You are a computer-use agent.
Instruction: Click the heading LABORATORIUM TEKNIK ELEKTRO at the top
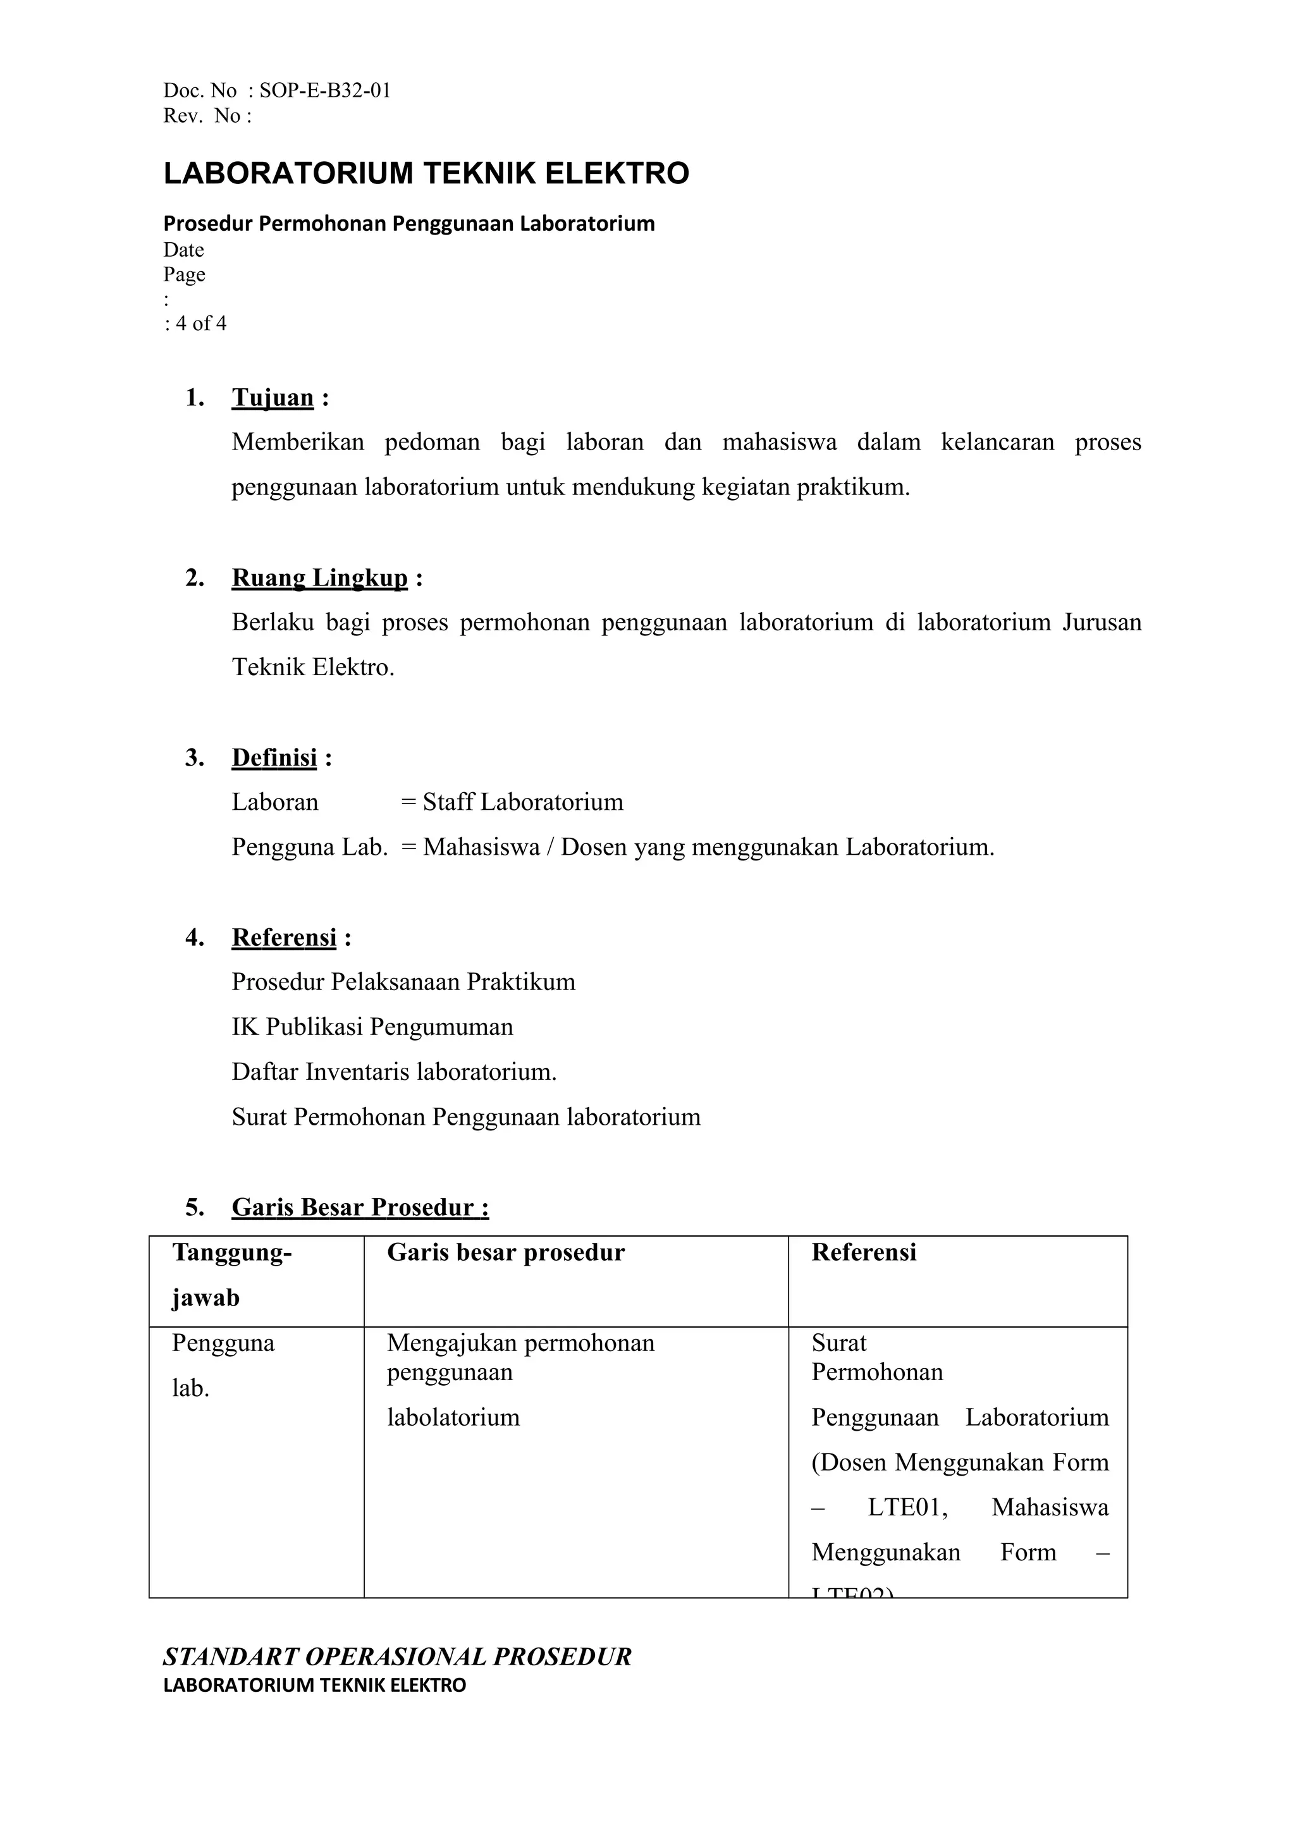coord(426,173)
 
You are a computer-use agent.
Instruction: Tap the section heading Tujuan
coord(273,397)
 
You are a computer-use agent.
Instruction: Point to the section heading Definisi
coord(274,757)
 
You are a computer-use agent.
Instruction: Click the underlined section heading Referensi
coord(284,937)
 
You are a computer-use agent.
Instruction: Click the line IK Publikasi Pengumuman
coord(372,1026)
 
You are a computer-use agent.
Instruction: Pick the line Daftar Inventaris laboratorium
coord(394,1071)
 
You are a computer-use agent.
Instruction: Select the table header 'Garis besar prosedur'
coord(506,1252)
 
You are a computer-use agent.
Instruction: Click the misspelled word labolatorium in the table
coord(453,1417)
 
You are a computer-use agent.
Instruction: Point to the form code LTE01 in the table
coord(907,1507)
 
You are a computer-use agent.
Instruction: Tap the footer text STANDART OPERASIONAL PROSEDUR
coord(397,1657)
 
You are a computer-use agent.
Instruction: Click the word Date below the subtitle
coord(183,250)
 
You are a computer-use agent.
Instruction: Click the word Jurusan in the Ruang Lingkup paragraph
coord(1102,622)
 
